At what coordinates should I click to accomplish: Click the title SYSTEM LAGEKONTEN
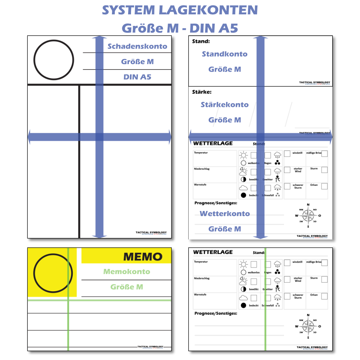[x=180, y=10]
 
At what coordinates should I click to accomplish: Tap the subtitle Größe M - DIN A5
[x=180, y=27]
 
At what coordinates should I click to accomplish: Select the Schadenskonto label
[x=137, y=46]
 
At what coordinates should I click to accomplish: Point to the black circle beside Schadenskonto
[x=54, y=60]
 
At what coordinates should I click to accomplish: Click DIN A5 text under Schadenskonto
[x=137, y=77]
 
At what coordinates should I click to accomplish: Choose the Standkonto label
[x=225, y=54]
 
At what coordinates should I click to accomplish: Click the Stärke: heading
[x=202, y=92]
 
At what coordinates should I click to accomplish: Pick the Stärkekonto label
[x=225, y=105]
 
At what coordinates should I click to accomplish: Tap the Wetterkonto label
[x=225, y=213]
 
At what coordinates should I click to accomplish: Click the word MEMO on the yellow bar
[x=143, y=256]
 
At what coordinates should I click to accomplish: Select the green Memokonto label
[x=127, y=272]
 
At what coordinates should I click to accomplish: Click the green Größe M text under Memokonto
[x=127, y=287]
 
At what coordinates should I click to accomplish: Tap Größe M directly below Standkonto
[x=225, y=69]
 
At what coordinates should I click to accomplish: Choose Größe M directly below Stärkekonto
[x=225, y=120]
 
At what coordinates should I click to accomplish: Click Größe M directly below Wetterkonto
[x=225, y=229]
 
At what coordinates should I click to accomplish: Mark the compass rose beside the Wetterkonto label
[x=308, y=216]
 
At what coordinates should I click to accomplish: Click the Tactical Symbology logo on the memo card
[x=150, y=347]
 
